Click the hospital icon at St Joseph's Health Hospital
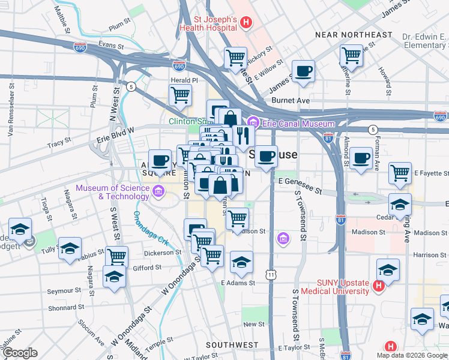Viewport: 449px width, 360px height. (245, 23)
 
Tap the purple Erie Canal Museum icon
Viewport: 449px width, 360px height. (253, 123)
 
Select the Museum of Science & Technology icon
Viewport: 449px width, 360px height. (158, 192)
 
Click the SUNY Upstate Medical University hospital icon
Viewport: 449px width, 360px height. (378, 287)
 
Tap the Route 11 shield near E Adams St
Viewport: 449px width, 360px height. (272, 274)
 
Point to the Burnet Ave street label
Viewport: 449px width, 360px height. (291, 100)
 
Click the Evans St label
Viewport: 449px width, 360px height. (111, 45)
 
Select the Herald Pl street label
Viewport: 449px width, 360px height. (185, 80)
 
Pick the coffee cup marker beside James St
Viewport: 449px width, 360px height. (303, 71)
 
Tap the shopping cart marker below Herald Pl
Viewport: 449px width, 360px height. (180, 94)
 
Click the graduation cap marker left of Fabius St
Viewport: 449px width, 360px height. (70, 248)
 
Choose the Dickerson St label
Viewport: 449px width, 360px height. (162, 253)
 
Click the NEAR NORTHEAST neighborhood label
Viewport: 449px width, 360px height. (354, 35)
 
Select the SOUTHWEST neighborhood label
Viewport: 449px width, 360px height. (232, 345)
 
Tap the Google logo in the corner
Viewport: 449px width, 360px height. (20, 353)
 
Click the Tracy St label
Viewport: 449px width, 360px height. (59, 143)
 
